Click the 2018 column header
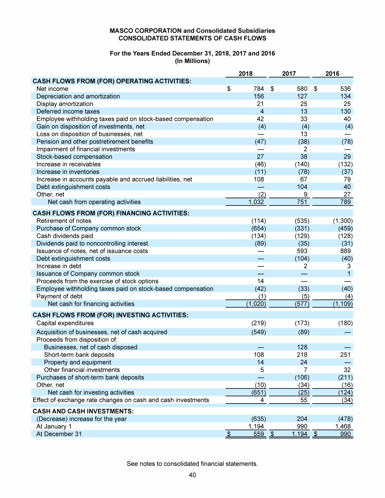245,73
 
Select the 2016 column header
332,73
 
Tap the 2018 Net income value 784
258,89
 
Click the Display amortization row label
65,104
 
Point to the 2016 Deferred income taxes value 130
345,111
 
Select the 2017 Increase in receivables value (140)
300,164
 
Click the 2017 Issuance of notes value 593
302,251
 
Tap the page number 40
192,475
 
